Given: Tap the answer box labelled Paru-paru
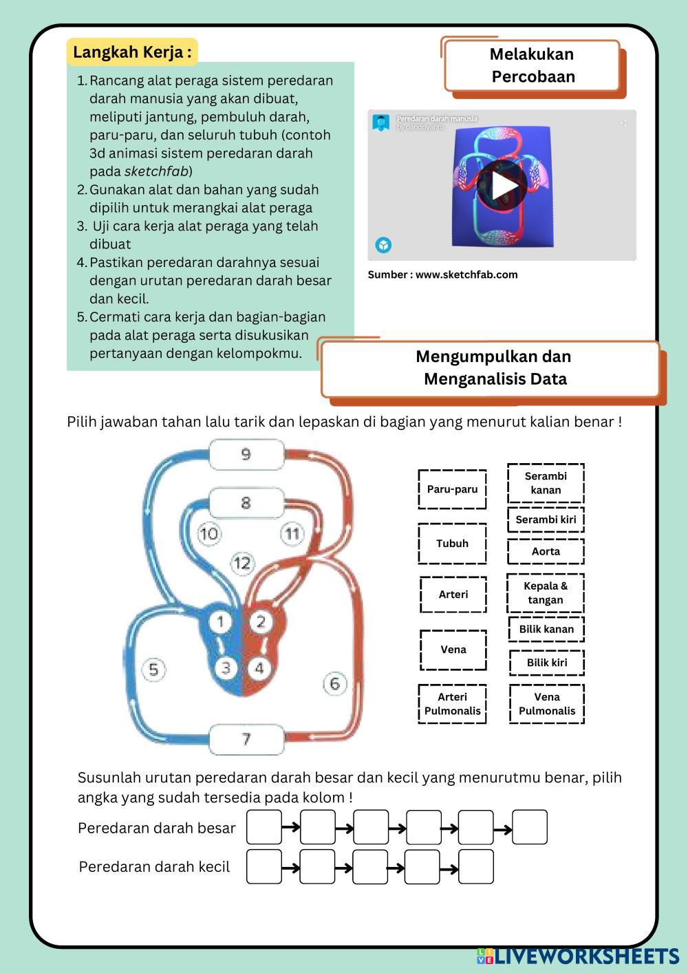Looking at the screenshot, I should pos(452,489).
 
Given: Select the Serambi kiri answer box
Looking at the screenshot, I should pos(546,520).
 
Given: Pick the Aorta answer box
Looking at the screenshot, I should pos(546,551).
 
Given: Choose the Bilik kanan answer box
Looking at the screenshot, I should pos(546,629).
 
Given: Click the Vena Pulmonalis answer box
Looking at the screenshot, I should pos(547,704).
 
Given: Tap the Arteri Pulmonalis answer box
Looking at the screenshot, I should pos(452,704).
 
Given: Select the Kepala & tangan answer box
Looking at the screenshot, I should pos(546,592).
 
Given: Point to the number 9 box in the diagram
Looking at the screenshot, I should pos(246,455).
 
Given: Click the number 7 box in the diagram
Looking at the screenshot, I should pos(246,739).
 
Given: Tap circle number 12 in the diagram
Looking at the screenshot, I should pos(242,564).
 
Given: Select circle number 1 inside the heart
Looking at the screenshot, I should pos(220,622).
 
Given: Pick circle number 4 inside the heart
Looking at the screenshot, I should pos(259,667).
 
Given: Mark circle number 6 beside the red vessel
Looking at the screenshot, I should pos(335,683).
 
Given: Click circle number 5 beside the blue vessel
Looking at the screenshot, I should pos(153,670).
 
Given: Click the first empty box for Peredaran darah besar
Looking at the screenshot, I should pos(264,827).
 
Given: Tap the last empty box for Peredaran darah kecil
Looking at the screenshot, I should pos(476,866).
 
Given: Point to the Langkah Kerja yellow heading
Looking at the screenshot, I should pos(132,52).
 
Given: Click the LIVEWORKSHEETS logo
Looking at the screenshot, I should pos(577,956).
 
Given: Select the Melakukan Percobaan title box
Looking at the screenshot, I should pos(533,65).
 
